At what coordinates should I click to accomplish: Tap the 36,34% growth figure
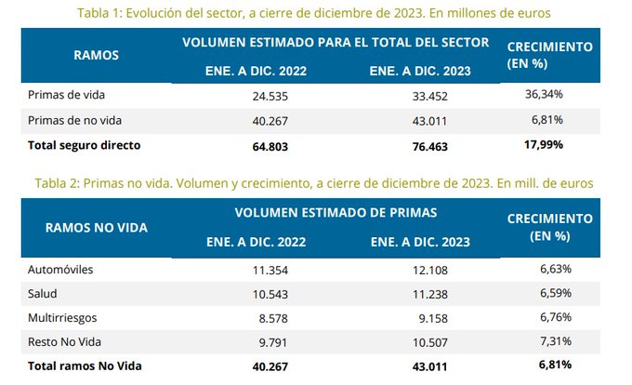point(545,96)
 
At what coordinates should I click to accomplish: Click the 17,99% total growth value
point(545,145)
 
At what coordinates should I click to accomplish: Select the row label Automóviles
point(62,270)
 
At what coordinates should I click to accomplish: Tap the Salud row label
point(46,293)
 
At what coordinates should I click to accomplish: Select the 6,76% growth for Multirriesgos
point(547,317)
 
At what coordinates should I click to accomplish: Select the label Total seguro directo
point(85,145)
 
